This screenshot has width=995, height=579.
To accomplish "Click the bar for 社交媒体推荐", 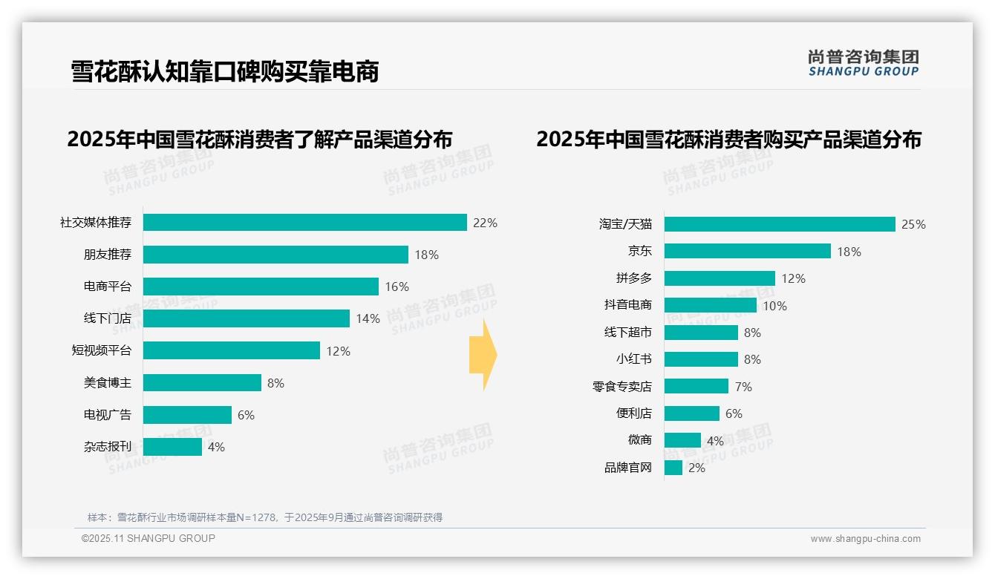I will click(x=304, y=223).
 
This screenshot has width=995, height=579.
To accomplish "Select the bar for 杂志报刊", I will click(x=172, y=447).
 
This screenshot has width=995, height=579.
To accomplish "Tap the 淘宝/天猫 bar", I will click(x=780, y=224).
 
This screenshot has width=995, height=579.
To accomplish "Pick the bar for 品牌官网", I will click(x=673, y=468).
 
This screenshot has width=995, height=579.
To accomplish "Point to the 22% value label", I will click(x=485, y=223).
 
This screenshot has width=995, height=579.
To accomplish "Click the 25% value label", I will click(x=913, y=224).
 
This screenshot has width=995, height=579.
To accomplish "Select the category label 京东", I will click(x=639, y=252).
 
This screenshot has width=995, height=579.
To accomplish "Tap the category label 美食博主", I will click(x=107, y=383).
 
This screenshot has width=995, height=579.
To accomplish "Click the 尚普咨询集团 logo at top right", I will click(x=864, y=62).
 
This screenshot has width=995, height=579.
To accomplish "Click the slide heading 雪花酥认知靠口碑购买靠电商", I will click(x=225, y=71).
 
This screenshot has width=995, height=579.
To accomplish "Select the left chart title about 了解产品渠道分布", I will click(x=259, y=140).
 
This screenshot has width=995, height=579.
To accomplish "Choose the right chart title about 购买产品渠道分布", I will click(x=728, y=140).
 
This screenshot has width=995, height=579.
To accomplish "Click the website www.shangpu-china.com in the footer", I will click(x=865, y=539).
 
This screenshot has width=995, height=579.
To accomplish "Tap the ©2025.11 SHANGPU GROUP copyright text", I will click(x=149, y=538).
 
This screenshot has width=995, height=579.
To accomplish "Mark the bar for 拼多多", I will click(x=720, y=278).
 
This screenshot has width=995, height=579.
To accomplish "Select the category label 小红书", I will click(x=633, y=359).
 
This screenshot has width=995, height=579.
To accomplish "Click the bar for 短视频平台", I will click(x=231, y=351).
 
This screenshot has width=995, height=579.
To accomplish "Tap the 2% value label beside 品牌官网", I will click(x=696, y=468).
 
